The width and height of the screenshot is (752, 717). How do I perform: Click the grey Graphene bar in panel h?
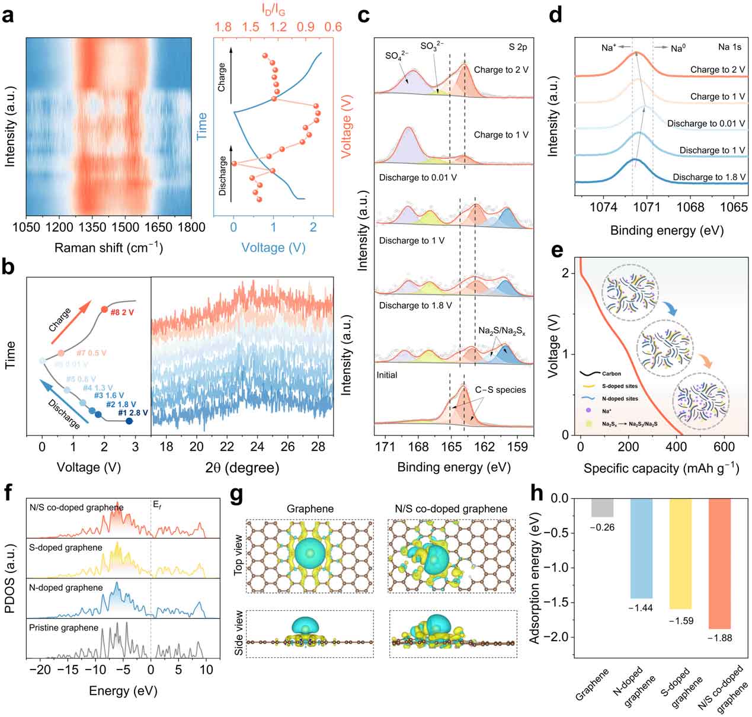[x=602, y=508]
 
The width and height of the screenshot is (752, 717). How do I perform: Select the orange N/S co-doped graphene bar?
[x=719, y=563]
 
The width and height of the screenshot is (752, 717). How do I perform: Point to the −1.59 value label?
[x=680, y=620]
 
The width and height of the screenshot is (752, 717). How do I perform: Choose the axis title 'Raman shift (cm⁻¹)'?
[x=108, y=248]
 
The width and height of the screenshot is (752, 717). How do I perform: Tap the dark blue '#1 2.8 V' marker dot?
[x=129, y=421]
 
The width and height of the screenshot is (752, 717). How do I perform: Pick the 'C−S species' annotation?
[x=500, y=390]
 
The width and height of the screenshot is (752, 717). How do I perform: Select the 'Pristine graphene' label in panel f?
[x=63, y=628]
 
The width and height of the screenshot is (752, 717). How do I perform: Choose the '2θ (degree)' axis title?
[x=242, y=468]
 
